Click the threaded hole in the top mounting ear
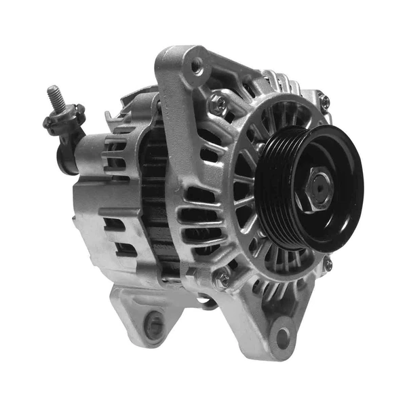(x=197, y=66)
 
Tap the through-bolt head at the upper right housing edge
(x=325, y=102)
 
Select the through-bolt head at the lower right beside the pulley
(x=328, y=264)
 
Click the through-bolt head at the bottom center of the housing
(x=222, y=278)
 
